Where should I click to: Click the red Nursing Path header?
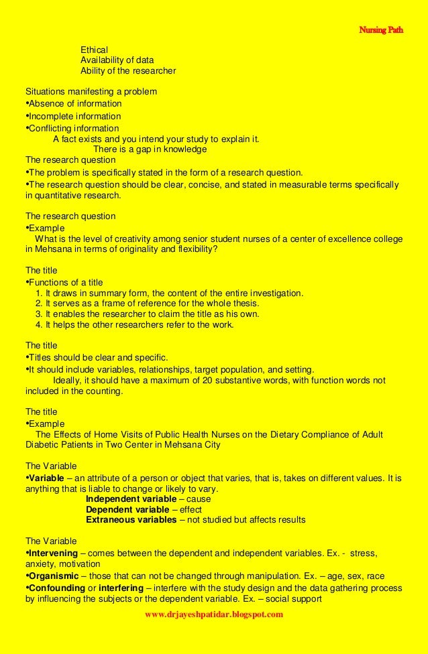381,30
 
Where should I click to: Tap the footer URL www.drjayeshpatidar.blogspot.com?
214,614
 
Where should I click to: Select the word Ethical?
95,50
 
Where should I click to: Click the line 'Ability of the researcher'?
128,70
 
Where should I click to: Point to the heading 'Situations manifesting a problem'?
91,91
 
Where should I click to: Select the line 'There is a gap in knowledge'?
150,149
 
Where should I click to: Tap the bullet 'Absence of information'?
74,104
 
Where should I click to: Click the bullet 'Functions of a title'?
65,282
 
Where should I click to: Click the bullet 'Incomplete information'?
76,116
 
